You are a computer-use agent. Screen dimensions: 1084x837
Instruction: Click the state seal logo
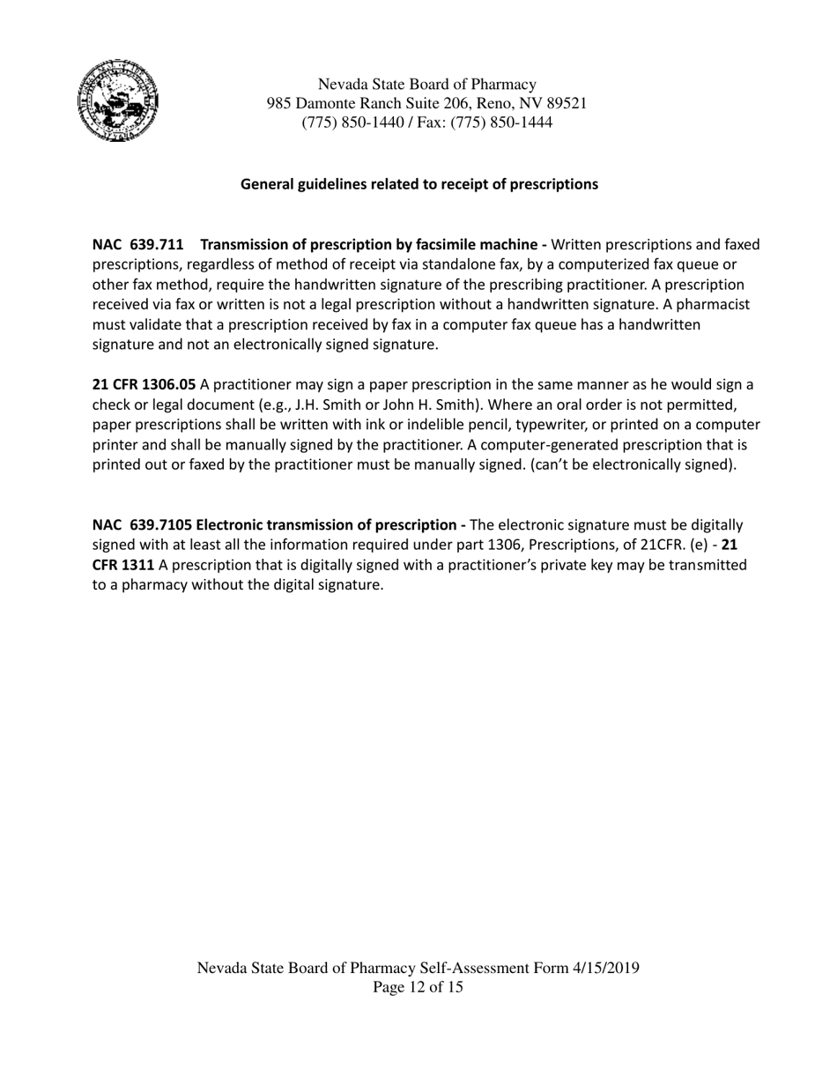[x=119, y=101]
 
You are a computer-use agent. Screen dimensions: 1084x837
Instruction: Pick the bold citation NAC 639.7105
[x=142, y=524]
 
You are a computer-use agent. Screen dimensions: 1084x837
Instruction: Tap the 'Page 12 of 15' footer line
[x=418, y=987]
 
